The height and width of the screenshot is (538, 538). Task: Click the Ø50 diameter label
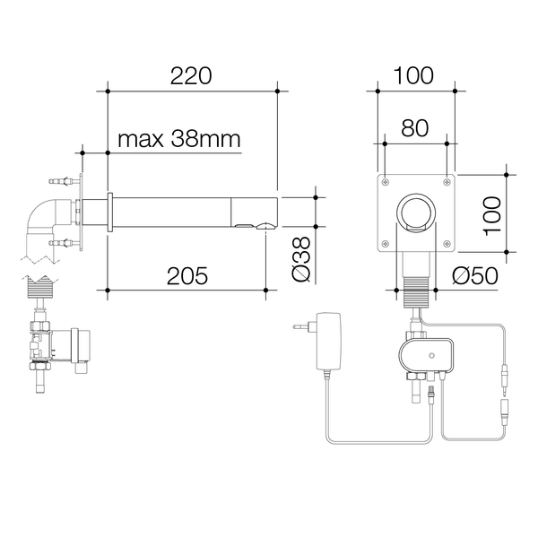pyautogui.click(x=475, y=275)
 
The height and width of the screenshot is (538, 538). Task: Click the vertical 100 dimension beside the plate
pyautogui.click(x=493, y=214)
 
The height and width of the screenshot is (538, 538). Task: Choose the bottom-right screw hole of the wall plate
pyautogui.click(x=447, y=246)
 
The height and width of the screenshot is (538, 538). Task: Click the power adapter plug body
pyautogui.click(x=328, y=338)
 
